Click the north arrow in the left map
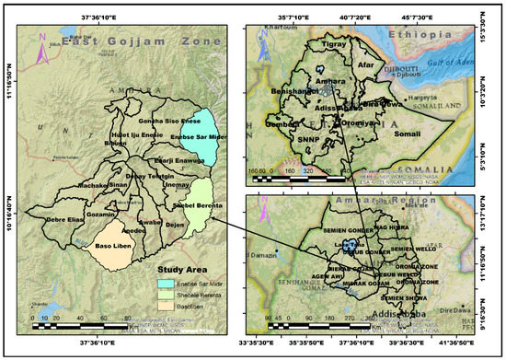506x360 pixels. pyautogui.click(x=41, y=48)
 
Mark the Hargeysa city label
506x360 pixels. pyautogui.click(x=423, y=95)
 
